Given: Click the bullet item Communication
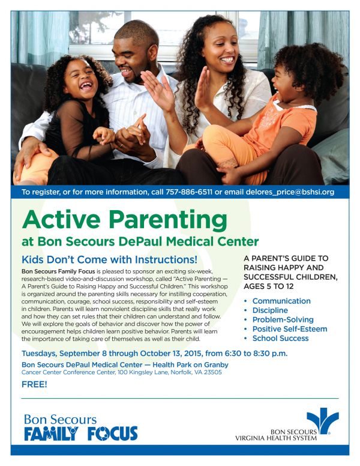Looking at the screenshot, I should (281, 301).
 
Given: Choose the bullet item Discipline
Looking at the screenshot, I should (270, 310).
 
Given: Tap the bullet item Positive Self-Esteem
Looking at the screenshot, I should (290, 329).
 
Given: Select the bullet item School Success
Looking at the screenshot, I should (280, 338).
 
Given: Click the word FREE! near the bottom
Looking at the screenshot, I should (34, 384).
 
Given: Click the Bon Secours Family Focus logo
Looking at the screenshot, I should (81, 427).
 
